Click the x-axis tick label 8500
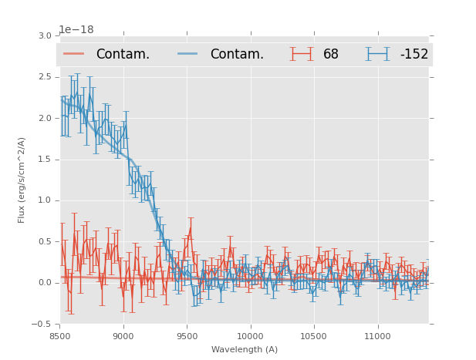pyautogui.click(x=59, y=336)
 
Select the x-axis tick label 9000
pyautogui.click(x=123, y=336)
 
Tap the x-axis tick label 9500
pyautogui.click(x=187, y=336)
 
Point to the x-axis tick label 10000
pyautogui.click(x=250, y=336)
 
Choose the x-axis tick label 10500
pyautogui.click(x=313, y=336)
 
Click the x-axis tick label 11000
pyautogui.click(x=377, y=336)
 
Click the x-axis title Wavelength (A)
pyautogui.click(x=245, y=349)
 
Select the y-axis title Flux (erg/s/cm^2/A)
pyautogui.click(x=22, y=180)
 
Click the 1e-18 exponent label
pyautogui.click(x=76, y=30)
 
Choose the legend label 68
pyautogui.click(x=331, y=54)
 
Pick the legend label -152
pyautogui.click(x=414, y=54)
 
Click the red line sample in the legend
pyautogui.click(x=74, y=54)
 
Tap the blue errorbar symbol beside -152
pyautogui.click(x=377, y=54)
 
